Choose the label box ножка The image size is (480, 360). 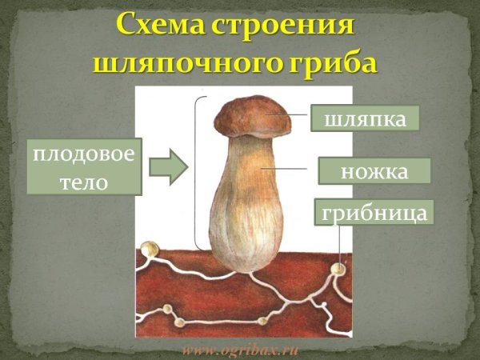pos(374,171)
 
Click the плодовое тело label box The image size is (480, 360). pos(84,166)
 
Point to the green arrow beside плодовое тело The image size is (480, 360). pos(168,166)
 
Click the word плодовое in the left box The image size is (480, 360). pos(84,153)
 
